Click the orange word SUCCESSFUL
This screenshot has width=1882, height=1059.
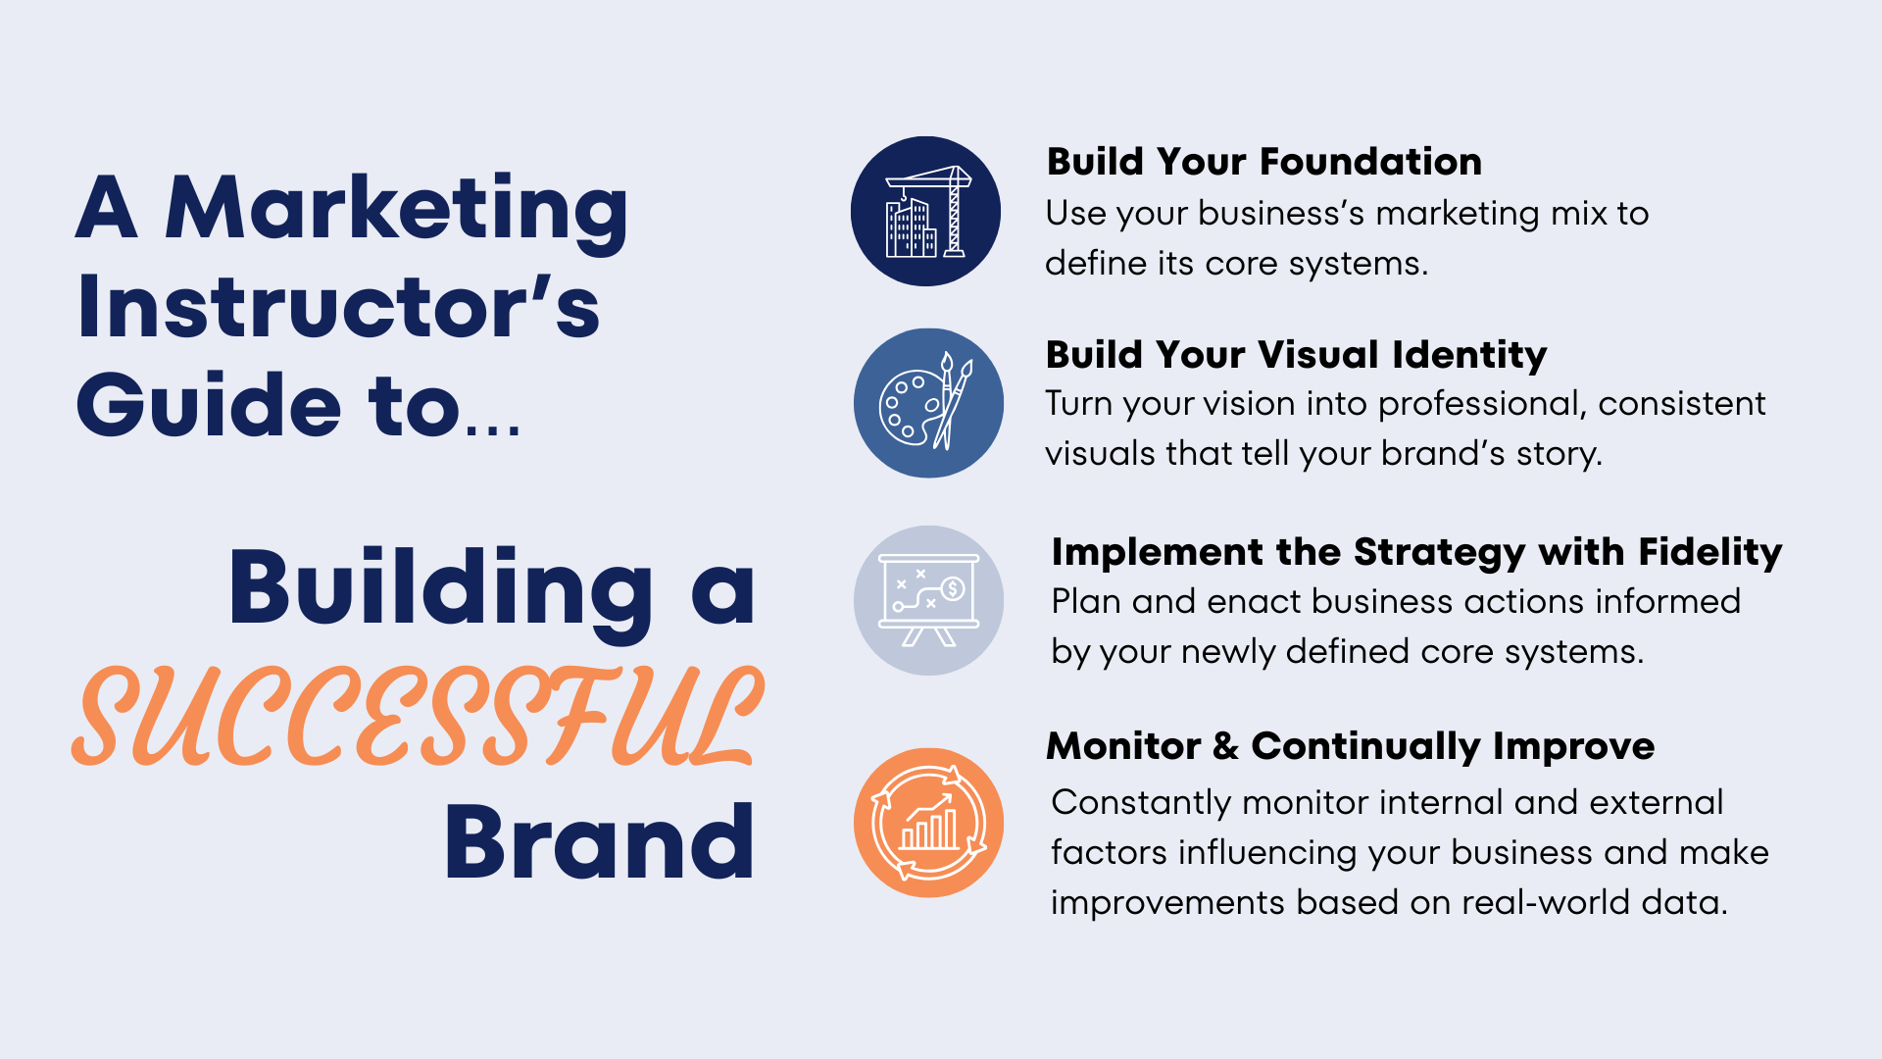(418, 716)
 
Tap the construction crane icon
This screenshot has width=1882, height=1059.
(925, 212)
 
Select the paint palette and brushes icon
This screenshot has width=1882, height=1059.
(928, 403)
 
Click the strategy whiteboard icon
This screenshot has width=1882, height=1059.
(928, 600)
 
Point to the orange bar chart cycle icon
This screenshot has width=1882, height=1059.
(928, 823)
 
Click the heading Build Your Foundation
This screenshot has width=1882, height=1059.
(1263, 162)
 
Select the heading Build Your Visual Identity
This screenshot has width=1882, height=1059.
(1296, 355)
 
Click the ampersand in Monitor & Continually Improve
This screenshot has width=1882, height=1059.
(1225, 746)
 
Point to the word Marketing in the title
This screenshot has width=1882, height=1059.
(396, 208)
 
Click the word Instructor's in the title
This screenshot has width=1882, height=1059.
(338, 307)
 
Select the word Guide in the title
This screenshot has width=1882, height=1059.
(209, 405)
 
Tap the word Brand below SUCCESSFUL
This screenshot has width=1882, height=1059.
(599, 842)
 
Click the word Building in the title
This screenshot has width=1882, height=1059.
(441, 588)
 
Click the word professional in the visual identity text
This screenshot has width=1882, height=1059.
(1482, 404)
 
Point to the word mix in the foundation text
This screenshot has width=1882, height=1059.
(1575, 214)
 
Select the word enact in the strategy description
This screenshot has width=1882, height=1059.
(1254, 601)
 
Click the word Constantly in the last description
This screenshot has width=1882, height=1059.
(1140, 803)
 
